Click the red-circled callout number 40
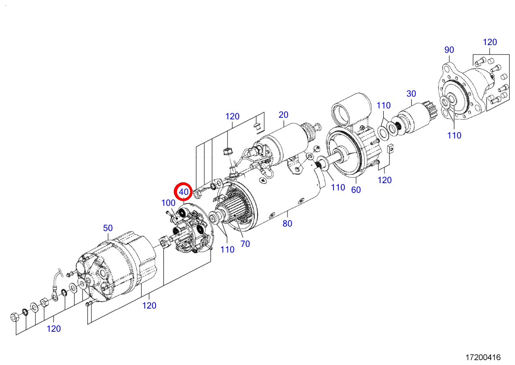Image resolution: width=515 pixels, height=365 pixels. [184, 192]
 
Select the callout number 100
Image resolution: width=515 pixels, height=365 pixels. [168, 203]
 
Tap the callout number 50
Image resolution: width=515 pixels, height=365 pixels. [108, 228]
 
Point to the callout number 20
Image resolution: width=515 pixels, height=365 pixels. [283, 114]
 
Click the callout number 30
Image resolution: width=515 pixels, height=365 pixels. [411, 93]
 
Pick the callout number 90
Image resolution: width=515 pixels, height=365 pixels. [449, 50]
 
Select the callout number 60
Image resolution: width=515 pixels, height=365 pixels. [356, 190]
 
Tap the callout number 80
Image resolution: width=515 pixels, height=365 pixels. [287, 223]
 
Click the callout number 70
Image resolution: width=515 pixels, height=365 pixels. [245, 244]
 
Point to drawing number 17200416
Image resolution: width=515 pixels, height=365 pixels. [483, 357]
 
